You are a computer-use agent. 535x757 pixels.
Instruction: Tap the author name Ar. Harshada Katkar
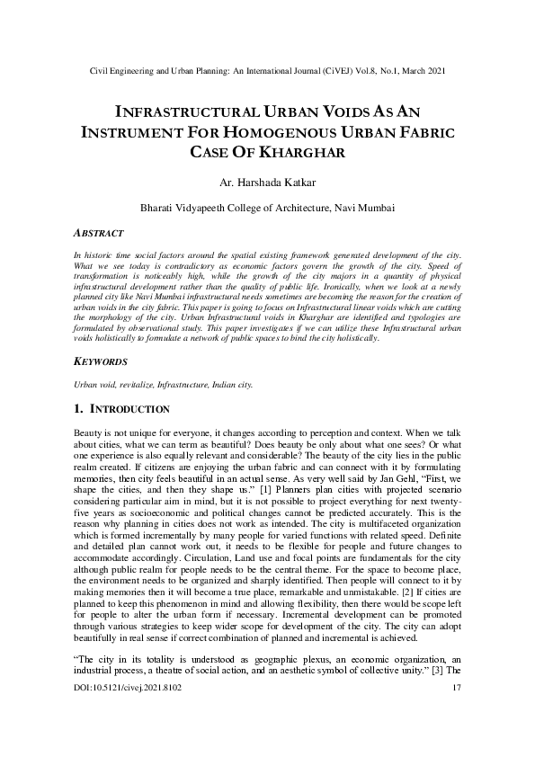tap(267, 183)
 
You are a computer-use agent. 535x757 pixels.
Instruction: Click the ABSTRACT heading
tap(98, 232)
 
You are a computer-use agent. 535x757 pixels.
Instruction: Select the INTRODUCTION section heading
tap(132, 409)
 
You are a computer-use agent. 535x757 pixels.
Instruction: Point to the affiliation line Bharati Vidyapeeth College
tap(267, 207)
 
